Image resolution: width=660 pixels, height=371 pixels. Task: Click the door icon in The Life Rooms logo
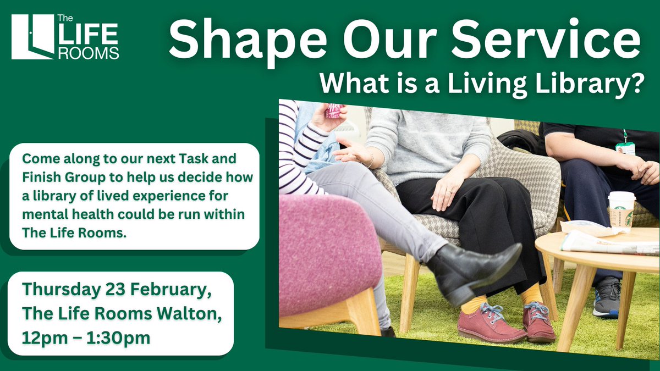31,37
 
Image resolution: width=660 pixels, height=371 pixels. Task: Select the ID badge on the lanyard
625,148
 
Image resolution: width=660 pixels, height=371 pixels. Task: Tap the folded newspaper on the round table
599,243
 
